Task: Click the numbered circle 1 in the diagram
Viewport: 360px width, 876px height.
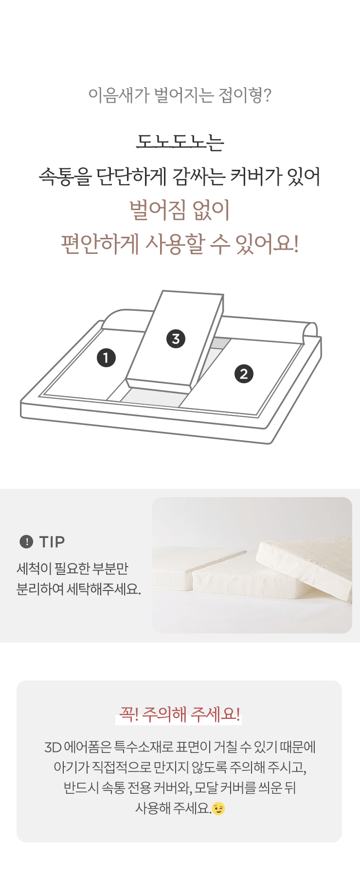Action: pyautogui.click(x=106, y=358)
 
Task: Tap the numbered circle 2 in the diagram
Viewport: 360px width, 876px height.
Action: pyautogui.click(x=244, y=374)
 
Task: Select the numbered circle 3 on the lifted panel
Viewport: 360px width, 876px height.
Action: pyautogui.click(x=176, y=339)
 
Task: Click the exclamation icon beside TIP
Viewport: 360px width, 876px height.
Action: pyautogui.click(x=26, y=541)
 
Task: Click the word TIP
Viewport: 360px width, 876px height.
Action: pyautogui.click(x=52, y=541)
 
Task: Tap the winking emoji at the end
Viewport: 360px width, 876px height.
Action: pyautogui.click(x=218, y=808)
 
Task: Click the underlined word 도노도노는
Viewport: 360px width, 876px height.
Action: pyautogui.click(x=180, y=141)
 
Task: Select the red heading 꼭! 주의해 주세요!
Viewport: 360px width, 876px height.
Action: pyautogui.click(x=180, y=714)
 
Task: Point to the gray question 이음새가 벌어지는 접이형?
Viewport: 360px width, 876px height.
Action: pyautogui.click(x=180, y=95)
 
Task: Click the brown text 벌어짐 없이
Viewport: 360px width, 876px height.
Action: pyautogui.click(x=180, y=210)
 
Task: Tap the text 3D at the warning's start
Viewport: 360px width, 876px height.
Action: pyautogui.click(x=52, y=747)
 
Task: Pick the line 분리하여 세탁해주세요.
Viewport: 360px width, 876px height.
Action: pyautogui.click(x=79, y=589)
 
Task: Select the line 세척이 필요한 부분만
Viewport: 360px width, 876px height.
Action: pyautogui.click(x=72, y=568)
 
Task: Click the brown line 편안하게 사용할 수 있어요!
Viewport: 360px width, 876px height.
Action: pyautogui.click(x=180, y=244)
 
